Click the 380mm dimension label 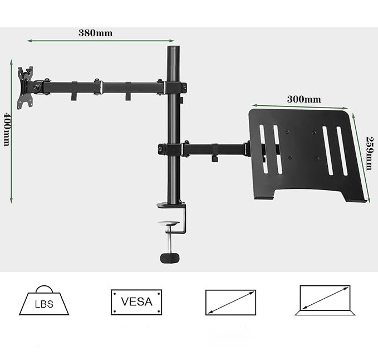(95, 32)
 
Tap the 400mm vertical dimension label (7, 129)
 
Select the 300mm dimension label (304, 99)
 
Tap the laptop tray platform (304, 153)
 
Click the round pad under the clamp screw (170, 258)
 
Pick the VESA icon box (136, 303)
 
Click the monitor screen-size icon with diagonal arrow (230, 303)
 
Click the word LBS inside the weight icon (44, 305)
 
